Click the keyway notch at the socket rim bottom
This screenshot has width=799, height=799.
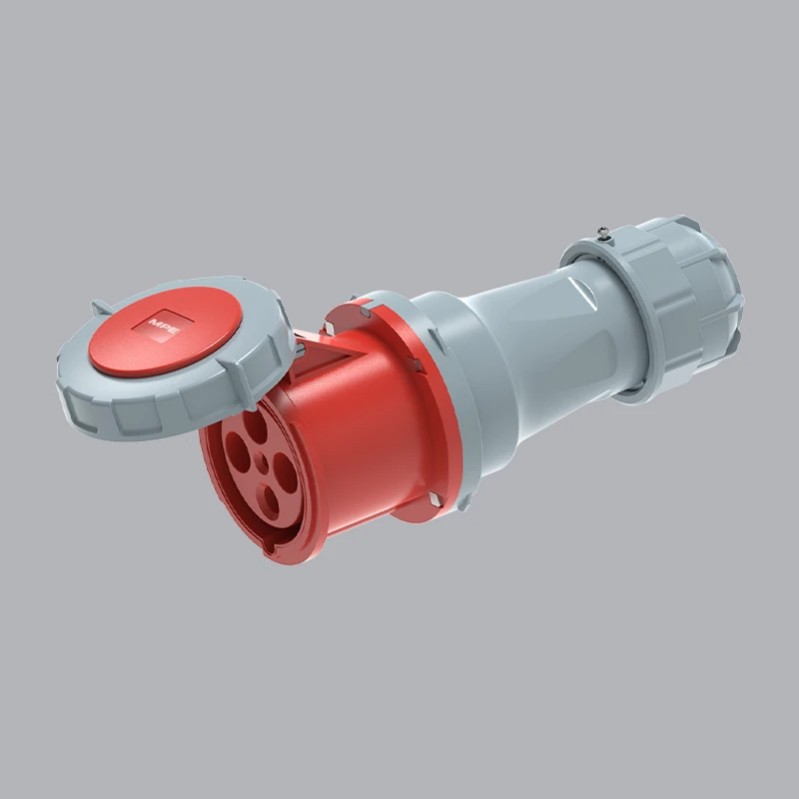pos(268,546)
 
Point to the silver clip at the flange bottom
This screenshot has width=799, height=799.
pos(435,496)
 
